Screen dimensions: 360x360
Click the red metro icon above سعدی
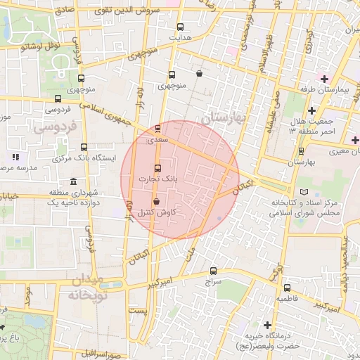(x=157, y=129)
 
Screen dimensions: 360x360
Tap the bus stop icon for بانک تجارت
(x=157, y=168)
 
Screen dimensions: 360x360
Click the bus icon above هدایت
(x=180, y=27)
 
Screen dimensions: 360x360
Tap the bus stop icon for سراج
(x=214, y=270)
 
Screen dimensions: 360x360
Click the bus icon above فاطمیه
(x=286, y=287)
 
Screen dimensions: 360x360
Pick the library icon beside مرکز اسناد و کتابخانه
(x=304, y=191)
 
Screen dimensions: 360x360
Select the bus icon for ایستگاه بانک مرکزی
(x=84, y=148)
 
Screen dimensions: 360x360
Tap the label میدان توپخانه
(x=84, y=288)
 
